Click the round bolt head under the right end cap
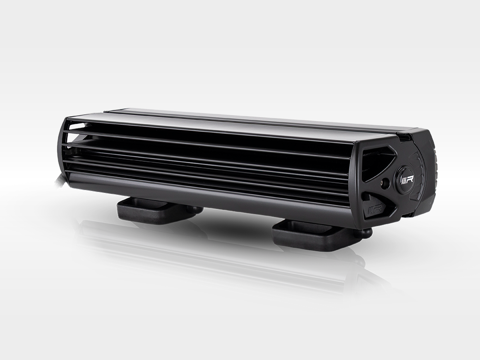367,233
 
